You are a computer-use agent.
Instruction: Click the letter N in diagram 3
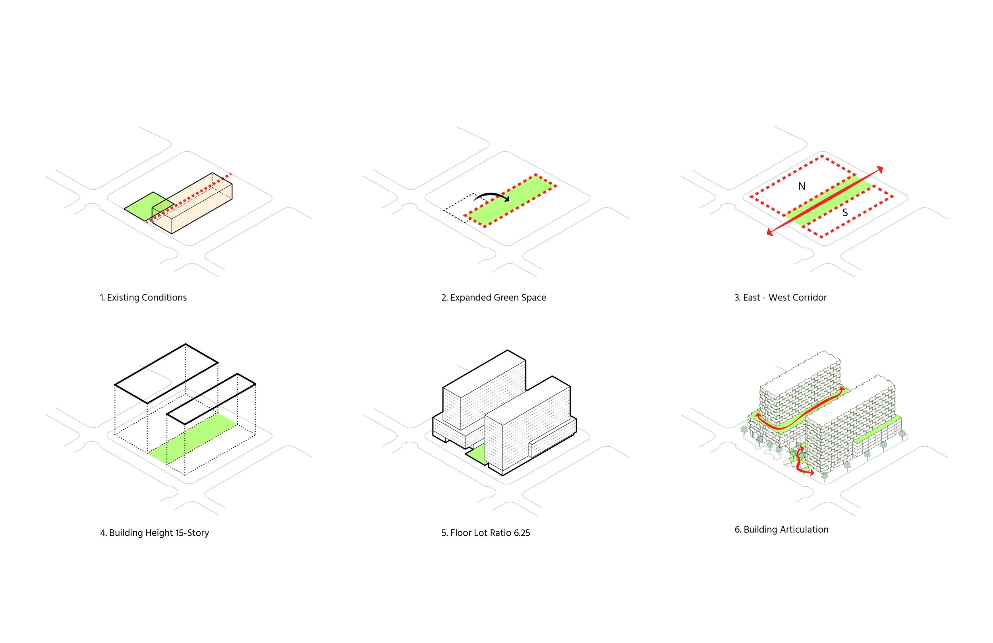(802, 186)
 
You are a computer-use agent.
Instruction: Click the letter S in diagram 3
(845, 213)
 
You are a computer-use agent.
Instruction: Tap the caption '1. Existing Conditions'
(143, 298)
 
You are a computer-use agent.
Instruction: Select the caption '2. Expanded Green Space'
(494, 298)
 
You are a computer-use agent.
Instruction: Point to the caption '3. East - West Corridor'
(780, 298)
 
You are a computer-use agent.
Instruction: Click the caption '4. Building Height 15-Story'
(155, 533)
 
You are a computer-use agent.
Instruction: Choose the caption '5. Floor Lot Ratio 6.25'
(486, 533)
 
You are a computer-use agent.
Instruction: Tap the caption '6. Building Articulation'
(781, 529)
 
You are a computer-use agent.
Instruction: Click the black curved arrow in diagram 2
(491, 196)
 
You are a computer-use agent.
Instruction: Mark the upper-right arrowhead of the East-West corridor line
(880, 169)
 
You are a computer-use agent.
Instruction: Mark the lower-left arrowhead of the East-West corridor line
(770, 232)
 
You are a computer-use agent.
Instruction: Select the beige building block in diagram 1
(196, 205)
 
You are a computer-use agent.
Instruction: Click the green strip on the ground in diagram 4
(192, 438)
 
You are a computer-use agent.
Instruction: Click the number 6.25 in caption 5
(522, 533)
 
